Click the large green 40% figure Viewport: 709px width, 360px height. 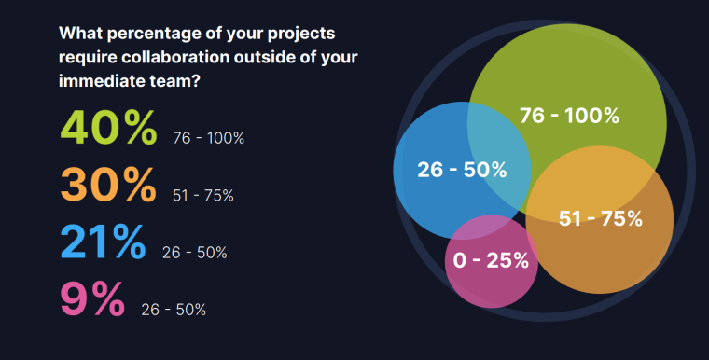pyautogui.click(x=108, y=129)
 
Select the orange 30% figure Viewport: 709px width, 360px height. pyautogui.click(x=108, y=185)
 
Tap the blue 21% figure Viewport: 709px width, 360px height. pyautogui.click(x=103, y=242)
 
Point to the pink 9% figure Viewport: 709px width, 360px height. pyautogui.click(x=91, y=299)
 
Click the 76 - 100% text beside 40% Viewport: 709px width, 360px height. pyautogui.click(x=209, y=138)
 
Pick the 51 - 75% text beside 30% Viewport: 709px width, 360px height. pyautogui.click(x=203, y=195)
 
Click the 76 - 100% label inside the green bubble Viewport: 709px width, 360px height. pyautogui.click(x=569, y=116)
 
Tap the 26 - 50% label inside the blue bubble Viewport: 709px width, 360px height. pyautogui.click(x=450, y=170)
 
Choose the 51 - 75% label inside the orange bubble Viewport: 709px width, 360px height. pyautogui.click(x=601, y=219)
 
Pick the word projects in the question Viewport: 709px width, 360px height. pyautogui.click(x=303, y=34)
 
